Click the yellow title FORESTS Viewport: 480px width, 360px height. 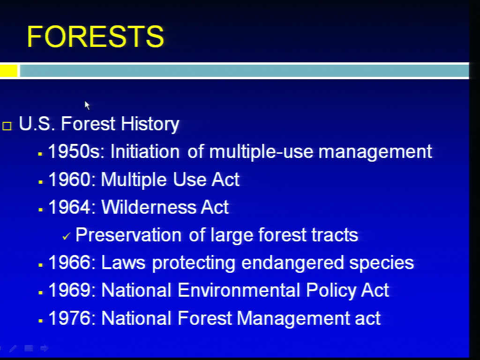click(x=96, y=37)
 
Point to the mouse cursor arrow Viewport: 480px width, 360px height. click(x=87, y=105)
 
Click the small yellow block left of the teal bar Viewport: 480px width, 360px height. click(x=8, y=71)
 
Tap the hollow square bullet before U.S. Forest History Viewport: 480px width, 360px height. click(x=7, y=126)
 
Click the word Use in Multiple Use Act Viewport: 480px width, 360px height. click(x=189, y=179)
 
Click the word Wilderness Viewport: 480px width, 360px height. click(x=148, y=207)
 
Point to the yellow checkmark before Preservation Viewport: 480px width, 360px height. click(x=66, y=236)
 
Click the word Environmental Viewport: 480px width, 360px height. click(x=239, y=290)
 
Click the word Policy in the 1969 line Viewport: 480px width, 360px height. click(x=331, y=291)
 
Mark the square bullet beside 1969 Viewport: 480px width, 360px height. click(x=40, y=292)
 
